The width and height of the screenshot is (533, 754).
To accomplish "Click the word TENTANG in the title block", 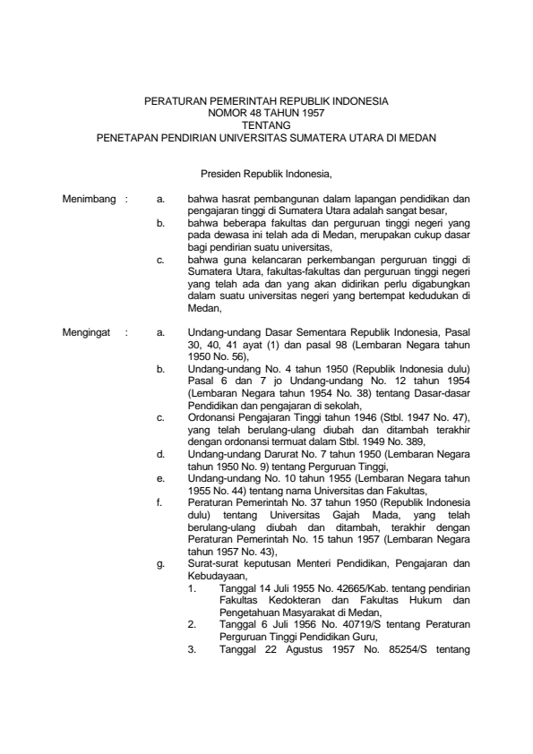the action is point(266,126).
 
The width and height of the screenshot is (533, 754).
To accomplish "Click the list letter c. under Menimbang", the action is point(159,260).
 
